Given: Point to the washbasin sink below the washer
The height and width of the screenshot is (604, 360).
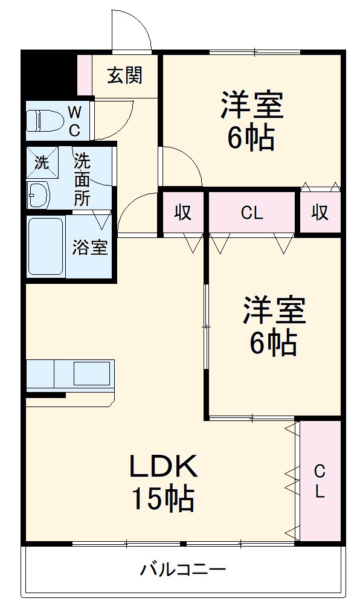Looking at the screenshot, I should pyautogui.click(x=40, y=194).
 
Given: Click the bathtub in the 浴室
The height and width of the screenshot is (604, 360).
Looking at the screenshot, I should pyautogui.click(x=46, y=246).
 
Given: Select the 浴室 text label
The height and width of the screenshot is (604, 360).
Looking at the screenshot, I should pyautogui.click(x=90, y=248).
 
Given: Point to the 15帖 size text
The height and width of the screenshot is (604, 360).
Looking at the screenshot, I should pyautogui.click(x=162, y=499).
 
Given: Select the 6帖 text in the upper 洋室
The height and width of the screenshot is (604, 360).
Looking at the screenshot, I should pyautogui.click(x=251, y=138).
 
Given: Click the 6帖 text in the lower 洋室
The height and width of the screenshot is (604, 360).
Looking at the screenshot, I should pyautogui.click(x=274, y=344).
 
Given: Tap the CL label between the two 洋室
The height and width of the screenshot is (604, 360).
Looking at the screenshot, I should pyautogui.click(x=252, y=213).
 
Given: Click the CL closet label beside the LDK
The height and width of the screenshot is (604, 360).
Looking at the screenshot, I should pyautogui.click(x=320, y=481).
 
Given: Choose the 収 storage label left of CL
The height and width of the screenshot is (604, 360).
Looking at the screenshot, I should pyautogui.click(x=183, y=213).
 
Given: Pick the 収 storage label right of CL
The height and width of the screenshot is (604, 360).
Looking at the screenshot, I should pyautogui.click(x=320, y=213).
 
